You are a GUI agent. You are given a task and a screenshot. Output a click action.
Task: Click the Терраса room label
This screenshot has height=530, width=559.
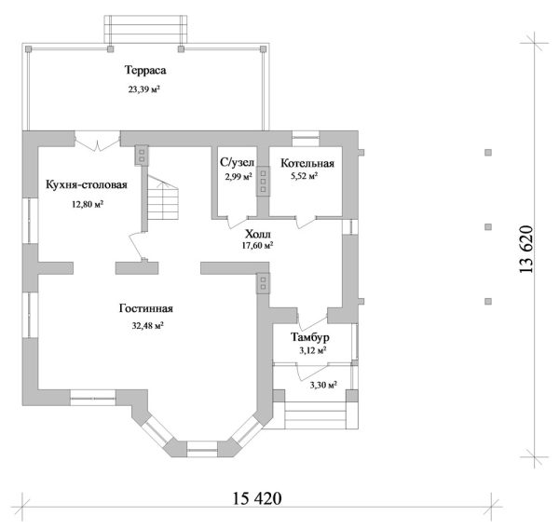(x=145, y=70)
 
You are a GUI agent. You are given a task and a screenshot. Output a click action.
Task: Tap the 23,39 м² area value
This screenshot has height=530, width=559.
(x=143, y=89)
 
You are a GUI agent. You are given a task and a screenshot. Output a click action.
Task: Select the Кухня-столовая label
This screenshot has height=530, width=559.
(x=87, y=185)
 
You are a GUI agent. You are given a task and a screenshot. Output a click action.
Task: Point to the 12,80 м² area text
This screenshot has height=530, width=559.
(x=88, y=204)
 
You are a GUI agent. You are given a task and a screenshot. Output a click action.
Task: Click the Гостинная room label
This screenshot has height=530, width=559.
(x=146, y=308)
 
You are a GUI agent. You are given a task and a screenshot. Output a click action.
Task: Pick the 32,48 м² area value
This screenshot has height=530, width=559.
(x=147, y=325)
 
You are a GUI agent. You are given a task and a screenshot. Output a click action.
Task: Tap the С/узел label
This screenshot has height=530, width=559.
(x=237, y=162)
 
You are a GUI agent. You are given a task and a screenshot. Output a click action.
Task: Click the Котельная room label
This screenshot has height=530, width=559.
(x=307, y=163)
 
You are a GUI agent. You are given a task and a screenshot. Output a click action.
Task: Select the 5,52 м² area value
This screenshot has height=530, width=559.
(x=305, y=176)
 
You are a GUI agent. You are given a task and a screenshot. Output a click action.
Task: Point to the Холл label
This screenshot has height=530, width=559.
(x=258, y=234)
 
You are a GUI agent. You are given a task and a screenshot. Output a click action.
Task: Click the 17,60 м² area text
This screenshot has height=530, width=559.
(x=257, y=245)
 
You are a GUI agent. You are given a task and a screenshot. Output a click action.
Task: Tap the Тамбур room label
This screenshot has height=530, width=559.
(x=310, y=337)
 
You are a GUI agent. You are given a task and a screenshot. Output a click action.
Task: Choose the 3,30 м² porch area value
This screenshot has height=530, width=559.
(x=323, y=385)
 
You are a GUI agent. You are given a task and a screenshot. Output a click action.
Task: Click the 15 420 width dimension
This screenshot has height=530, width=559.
(x=257, y=498)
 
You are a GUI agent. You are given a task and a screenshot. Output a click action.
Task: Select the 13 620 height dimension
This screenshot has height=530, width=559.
(x=526, y=249)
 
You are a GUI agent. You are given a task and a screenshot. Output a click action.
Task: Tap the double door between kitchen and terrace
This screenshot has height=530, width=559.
(x=97, y=141)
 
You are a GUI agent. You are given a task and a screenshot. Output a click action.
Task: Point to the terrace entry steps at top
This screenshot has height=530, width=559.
(x=145, y=29)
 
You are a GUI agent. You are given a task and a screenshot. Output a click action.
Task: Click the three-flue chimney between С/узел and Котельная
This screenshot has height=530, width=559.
(x=264, y=182)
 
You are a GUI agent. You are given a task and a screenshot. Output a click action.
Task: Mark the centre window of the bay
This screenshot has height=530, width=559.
(x=202, y=449)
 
